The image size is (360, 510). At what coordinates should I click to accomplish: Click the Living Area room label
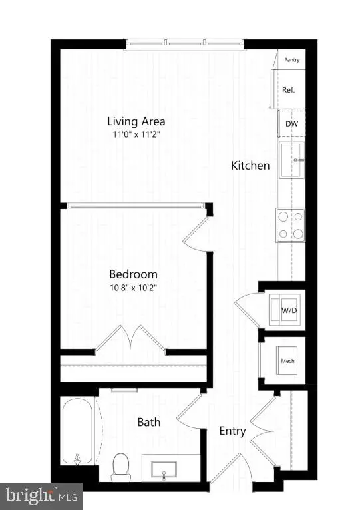(x=136, y=121)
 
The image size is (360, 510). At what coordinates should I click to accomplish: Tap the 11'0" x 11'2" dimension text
(x=136, y=134)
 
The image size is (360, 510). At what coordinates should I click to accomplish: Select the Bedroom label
(x=133, y=274)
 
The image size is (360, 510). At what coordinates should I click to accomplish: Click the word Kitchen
(x=250, y=165)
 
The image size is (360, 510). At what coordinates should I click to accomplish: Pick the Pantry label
(x=291, y=60)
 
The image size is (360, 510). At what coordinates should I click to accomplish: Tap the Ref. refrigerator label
(x=289, y=90)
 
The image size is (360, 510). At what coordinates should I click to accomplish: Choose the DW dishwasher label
(x=291, y=124)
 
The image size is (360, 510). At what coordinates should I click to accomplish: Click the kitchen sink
(x=291, y=160)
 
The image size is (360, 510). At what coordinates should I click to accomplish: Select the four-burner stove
(x=291, y=224)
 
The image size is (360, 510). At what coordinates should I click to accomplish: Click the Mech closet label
(x=287, y=362)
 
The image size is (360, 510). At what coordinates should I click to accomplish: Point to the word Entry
(x=233, y=431)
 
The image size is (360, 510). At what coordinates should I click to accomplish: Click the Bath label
(x=149, y=422)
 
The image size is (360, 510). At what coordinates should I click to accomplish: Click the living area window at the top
(x=185, y=45)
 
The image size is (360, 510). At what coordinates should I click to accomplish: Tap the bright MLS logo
(x=41, y=495)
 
